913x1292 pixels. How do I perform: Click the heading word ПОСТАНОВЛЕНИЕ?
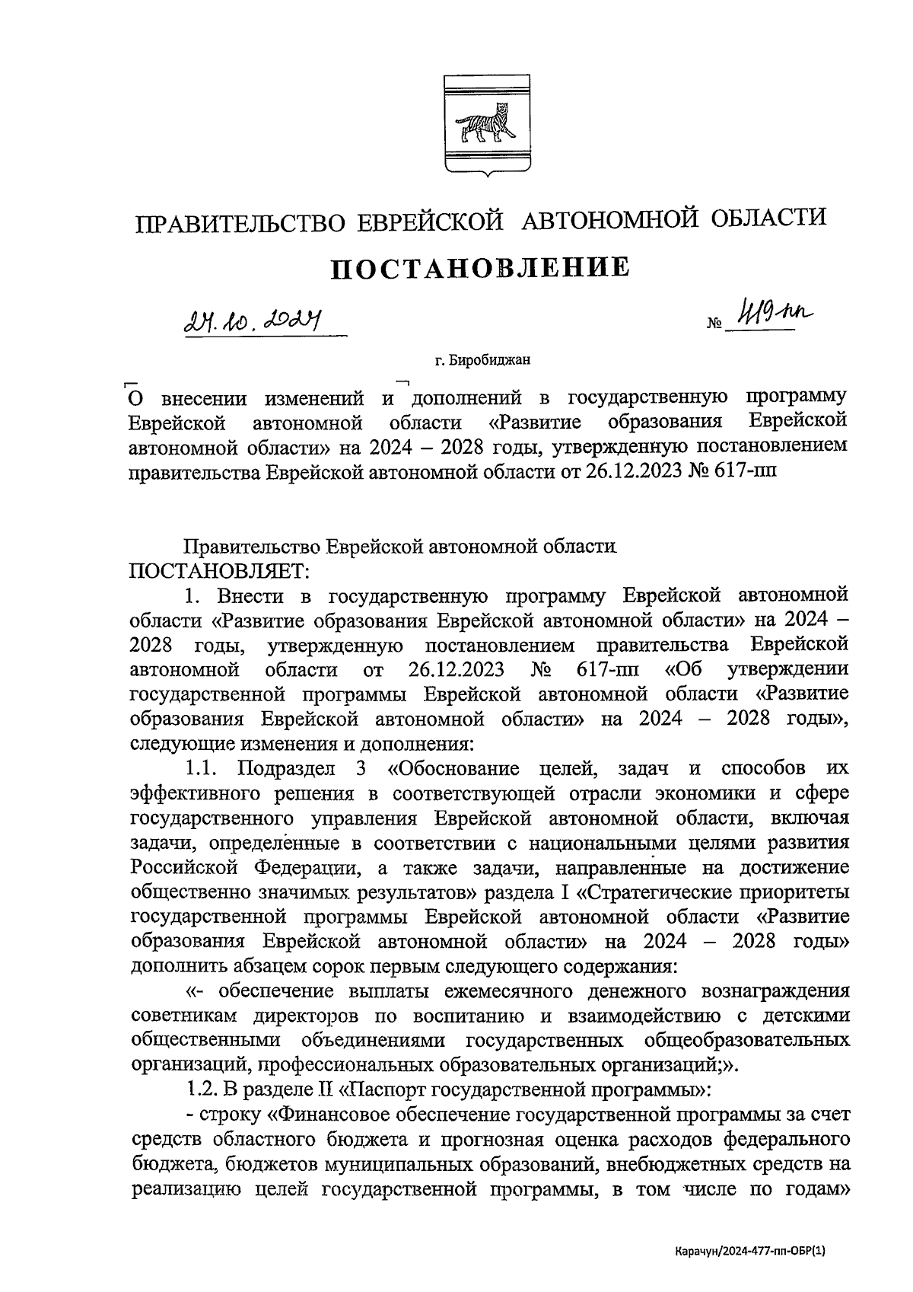[x=480, y=268]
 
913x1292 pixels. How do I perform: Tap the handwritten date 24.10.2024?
[x=252, y=326]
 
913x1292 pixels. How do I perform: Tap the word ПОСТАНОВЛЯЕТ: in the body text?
[x=221, y=570]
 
